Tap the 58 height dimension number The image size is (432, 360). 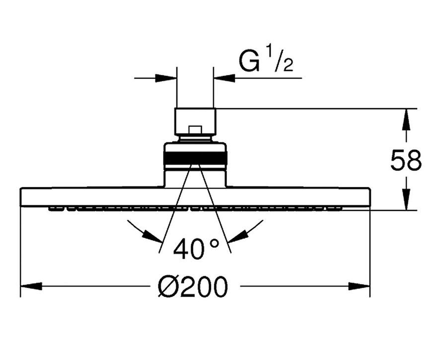[406, 159]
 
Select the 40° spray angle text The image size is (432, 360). [196, 249]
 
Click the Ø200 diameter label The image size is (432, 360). [193, 287]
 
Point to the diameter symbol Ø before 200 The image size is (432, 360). [168, 287]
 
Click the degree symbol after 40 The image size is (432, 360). [214, 243]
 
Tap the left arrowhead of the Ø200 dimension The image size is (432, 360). [31, 286]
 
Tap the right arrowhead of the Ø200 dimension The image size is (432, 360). [359, 286]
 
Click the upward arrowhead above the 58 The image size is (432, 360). [406, 120]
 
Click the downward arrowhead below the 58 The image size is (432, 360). [406, 200]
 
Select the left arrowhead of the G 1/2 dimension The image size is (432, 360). [166, 78]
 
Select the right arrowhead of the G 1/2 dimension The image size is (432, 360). [224, 78]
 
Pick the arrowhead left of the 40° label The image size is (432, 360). [152, 236]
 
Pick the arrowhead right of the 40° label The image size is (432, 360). [237, 236]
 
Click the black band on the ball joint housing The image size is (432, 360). [195, 158]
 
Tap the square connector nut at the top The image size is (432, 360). [195, 122]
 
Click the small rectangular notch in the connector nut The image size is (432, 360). [195, 131]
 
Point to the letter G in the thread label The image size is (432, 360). [249, 61]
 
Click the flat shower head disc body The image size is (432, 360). [195, 197]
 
